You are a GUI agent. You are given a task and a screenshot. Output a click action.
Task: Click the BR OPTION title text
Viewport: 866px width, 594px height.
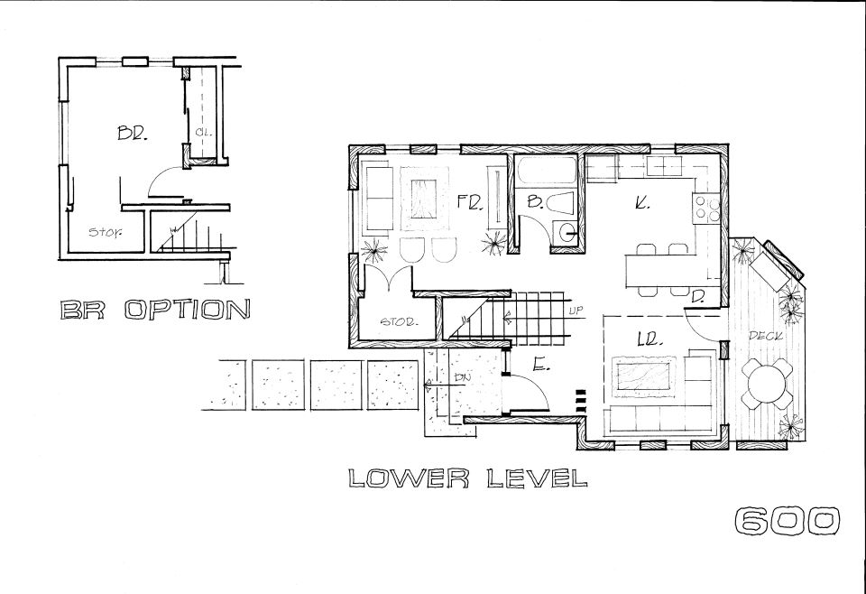pos(154,310)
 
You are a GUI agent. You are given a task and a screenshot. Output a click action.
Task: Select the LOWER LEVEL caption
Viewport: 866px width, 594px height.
pos(468,478)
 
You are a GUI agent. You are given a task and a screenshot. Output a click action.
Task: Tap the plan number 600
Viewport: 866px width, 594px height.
pos(788,521)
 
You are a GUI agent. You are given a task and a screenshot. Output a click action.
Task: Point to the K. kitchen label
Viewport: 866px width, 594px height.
pos(641,203)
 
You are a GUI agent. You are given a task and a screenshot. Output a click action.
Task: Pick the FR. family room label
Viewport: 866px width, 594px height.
pos(471,203)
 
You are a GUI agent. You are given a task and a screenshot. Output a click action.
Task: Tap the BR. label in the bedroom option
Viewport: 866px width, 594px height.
pos(132,134)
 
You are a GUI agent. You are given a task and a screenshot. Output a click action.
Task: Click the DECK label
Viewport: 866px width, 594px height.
pos(767,336)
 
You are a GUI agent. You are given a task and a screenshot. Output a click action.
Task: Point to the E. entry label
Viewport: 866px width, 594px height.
pos(540,364)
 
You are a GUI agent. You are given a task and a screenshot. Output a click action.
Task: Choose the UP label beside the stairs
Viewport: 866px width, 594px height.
pos(576,311)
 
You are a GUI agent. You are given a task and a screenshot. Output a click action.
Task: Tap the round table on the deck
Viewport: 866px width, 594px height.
pos(767,383)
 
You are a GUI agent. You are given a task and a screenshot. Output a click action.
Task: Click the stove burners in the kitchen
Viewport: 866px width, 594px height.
pos(706,209)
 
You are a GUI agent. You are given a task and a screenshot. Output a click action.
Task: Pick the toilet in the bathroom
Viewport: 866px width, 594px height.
pos(562,204)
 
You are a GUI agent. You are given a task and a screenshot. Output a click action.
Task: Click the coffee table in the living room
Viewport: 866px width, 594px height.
pos(644,377)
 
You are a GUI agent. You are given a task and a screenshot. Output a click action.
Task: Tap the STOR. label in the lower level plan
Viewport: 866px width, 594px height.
pos(401,321)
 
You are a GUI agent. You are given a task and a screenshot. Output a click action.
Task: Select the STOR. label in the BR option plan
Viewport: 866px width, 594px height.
pos(106,232)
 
